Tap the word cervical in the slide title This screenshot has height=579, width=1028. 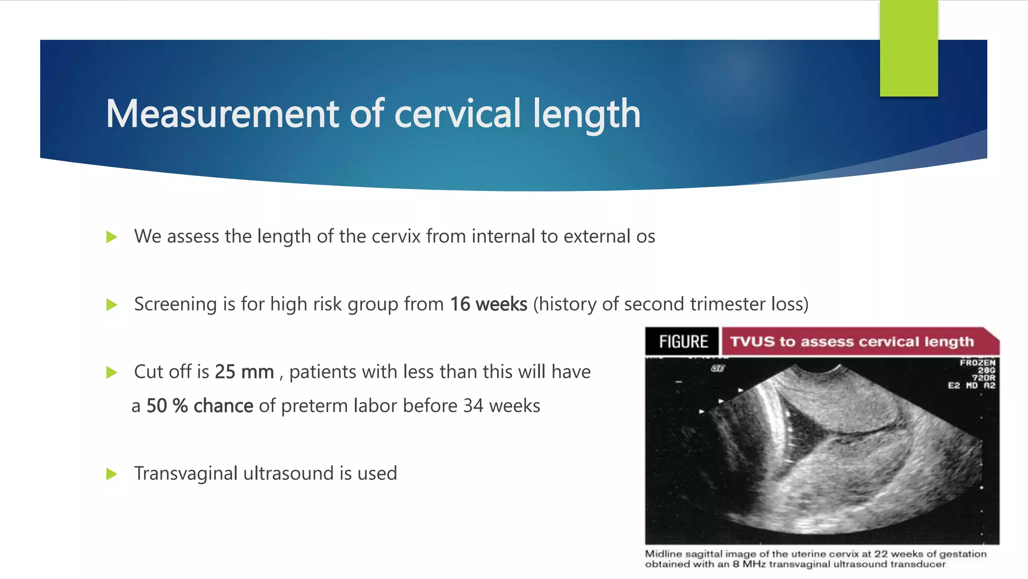(457, 114)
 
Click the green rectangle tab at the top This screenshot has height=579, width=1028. (909, 48)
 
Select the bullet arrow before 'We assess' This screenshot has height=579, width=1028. (112, 237)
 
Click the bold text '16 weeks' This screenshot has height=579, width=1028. (488, 305)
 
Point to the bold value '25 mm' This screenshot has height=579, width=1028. (244, 372)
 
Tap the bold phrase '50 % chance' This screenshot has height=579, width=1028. (200, 406)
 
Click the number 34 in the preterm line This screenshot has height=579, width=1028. (473, 406)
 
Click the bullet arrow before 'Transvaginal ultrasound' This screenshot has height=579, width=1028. (112, 474)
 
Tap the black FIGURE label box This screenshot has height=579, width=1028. (683, 342)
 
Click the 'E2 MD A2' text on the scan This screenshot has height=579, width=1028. (971, 385)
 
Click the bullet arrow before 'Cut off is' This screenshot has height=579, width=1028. (112, 372)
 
